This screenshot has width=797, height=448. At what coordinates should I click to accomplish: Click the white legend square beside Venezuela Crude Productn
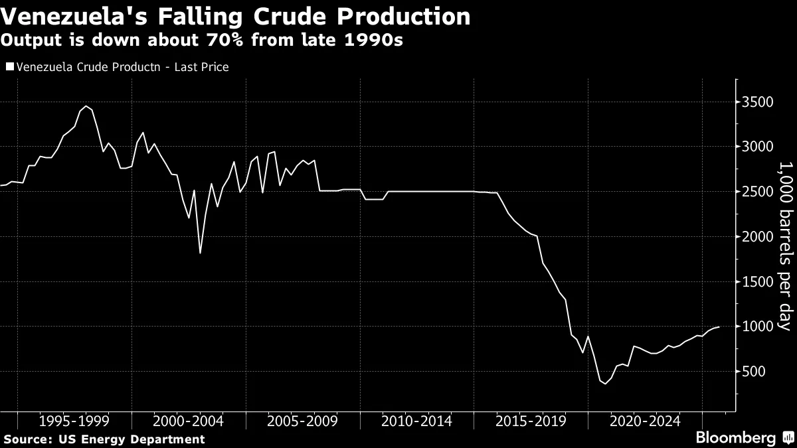(9, 67)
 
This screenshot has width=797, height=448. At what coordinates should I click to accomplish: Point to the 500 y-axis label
(756, 372)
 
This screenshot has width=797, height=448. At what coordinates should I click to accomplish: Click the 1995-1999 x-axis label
(74, 421)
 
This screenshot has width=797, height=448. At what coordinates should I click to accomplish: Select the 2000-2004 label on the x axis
(188, 421)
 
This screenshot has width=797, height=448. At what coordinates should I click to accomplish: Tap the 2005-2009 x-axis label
(302, 421)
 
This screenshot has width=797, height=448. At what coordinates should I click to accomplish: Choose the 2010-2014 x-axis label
(416, 421)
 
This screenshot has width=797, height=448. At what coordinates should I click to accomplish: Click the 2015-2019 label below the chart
(531, 421)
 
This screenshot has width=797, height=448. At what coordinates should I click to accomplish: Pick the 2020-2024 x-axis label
(645, 421)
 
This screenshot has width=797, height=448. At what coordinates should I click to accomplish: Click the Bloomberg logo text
(735, 438)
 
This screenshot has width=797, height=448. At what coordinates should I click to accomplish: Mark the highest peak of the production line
(86, 106)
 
